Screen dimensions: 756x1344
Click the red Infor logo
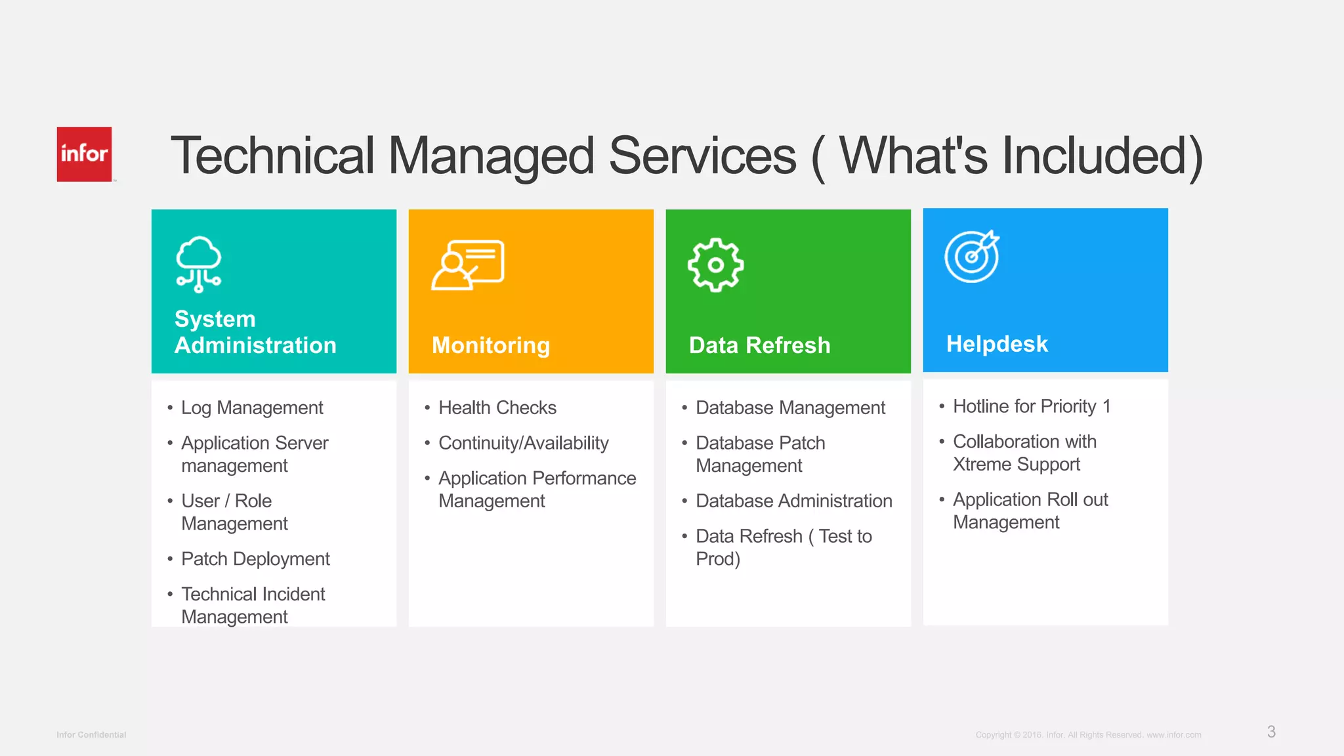tap(84, 154)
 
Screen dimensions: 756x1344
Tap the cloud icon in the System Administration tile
tap(198, 264)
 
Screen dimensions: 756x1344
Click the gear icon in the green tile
tap(715, 264)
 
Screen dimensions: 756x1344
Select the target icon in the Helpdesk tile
tap(972, 257)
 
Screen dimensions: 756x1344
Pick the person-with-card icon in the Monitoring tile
tap(467, 264)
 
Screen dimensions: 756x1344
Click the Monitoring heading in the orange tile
tap(491, 345)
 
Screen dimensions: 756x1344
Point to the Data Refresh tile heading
tap(759, 345)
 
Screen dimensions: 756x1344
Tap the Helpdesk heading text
tap(996, 344)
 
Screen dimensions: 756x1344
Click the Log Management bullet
tap(252, 408)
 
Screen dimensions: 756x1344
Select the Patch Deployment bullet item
tap(255, 558)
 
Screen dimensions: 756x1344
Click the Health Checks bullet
tap(497, 408)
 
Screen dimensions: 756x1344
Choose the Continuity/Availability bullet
tap(523, 443)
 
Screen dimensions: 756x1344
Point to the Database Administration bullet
tap(793, 501)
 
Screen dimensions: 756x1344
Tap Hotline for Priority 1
tap(1031, 406)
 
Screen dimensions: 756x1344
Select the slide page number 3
tap(1271, 732)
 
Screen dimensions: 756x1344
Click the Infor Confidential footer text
tap(91, 734)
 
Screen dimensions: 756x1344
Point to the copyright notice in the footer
tap(1088, 734)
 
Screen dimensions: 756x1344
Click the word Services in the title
tap(702, 156)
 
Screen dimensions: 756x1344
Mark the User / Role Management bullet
tap(234, 512)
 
